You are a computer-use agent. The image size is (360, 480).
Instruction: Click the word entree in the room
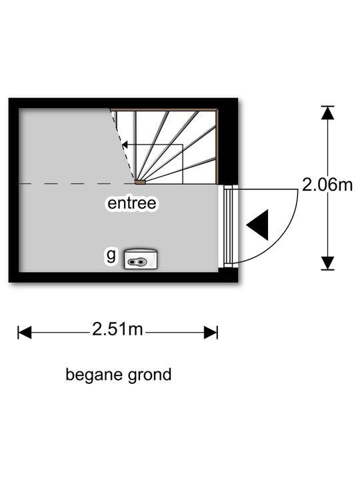click(131, 203)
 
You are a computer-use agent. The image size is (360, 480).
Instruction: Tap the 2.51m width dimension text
click(117, 330)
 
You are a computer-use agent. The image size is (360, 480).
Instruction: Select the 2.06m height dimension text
click(327, 185)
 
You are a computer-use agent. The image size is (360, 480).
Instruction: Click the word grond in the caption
click(149, 375)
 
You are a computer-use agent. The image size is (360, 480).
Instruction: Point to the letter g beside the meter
click(111, 255)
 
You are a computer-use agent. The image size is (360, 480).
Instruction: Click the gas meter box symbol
click(141, 259)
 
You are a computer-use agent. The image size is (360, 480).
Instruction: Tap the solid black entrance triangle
click(257, 225)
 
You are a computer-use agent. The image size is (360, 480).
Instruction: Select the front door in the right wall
click(229, 226)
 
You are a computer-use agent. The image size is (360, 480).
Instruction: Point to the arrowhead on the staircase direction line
click(125, 145)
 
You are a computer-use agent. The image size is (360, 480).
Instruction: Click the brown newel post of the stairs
click(140, 182)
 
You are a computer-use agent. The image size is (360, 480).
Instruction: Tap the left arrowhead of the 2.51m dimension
click(25, 333)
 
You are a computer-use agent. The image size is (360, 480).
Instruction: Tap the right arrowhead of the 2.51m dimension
click(211, 333)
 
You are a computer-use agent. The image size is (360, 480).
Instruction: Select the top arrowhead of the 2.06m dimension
click(327, 113)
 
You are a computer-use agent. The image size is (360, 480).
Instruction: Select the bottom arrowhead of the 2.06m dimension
click(327, 263)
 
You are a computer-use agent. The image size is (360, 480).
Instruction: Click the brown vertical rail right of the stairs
click(217, 146)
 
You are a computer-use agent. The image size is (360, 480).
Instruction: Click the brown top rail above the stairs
click(164, 109)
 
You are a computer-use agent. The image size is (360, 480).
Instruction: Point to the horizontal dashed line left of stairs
click(77, 184)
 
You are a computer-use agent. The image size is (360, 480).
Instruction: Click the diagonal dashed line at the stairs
click(123, 145)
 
